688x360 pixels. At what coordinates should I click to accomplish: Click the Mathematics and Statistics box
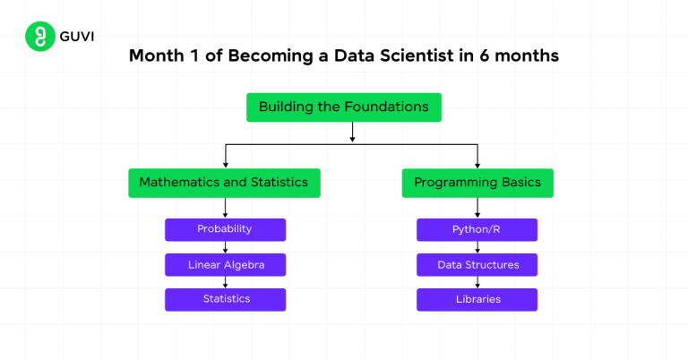[x=224, y=183]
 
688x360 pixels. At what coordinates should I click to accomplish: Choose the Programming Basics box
[x=477, y=183]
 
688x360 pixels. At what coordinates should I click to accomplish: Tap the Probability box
[x=225, y=229]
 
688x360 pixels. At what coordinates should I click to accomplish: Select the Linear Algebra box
[x=225, y=265]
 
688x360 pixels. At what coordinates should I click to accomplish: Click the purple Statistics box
[x=225, y=299]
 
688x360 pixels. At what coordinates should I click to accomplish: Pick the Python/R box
[x=477, y=229]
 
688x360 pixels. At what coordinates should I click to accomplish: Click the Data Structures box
[x=477, y=265]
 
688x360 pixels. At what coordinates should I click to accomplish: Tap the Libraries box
[x=477, y=299]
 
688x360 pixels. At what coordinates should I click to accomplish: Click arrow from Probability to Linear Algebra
[x=225, y=248]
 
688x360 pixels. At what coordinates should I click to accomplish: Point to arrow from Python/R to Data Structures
[x=477, y=248]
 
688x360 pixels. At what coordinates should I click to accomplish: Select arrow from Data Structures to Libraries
[x=477, y=283]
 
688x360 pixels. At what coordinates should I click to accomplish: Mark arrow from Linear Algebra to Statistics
[x=225, y=283]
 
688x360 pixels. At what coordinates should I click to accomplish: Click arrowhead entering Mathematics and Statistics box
[x=225, y=166]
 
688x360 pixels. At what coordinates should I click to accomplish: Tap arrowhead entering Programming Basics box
[x=477, y=166]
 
